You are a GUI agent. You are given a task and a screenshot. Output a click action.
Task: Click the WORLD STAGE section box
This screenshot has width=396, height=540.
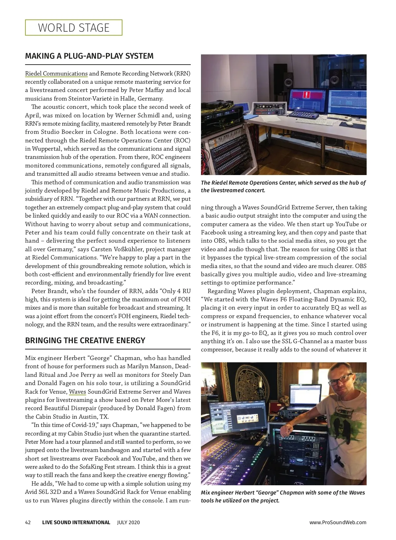tap(74, 28)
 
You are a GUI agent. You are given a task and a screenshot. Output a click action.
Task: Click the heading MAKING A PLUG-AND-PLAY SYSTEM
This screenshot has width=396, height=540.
tap(89, 56)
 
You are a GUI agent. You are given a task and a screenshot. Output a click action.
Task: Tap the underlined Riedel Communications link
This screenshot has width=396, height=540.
tap(56, 74)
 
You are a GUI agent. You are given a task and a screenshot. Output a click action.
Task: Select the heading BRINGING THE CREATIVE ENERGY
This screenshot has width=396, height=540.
tap(85, 341)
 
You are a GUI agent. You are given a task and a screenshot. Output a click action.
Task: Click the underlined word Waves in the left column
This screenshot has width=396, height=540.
tap(77, 392)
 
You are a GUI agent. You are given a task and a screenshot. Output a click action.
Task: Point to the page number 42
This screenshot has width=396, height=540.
tap(28, 522)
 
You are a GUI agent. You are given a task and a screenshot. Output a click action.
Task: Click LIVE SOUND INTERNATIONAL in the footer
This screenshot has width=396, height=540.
tap(76, 522)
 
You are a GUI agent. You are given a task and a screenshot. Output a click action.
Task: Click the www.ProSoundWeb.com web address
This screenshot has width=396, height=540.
tap(338, 522)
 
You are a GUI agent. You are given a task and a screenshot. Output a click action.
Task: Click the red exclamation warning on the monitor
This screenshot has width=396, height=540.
tap(307, 95)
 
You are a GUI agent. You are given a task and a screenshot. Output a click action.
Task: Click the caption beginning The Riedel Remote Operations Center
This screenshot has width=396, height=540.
tap(283, 186)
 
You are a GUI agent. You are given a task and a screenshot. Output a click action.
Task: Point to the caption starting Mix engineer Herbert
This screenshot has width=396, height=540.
tap(283, 496)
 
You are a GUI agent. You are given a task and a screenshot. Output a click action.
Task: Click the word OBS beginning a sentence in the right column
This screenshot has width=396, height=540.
tap(360, 266)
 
